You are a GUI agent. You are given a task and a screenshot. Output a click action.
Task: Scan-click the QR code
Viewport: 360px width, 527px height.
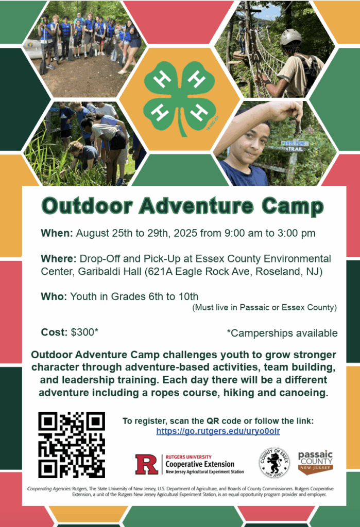click(x=72, y=445)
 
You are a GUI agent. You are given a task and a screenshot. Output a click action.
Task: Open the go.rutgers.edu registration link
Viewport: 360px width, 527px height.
click(x=218, y=431)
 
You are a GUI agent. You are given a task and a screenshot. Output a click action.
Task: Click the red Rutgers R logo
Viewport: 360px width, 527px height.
click(x=147, y=464)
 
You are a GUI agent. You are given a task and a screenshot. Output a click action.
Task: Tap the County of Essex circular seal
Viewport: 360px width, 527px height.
click(x=274, y=463)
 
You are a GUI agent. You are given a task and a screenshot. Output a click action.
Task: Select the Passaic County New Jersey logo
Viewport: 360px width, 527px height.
click(x=315, y=463)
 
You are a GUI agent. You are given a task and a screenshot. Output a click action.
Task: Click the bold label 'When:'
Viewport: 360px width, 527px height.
click(x=57, y=233)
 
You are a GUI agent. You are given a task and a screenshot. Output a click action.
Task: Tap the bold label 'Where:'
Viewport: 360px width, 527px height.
click(x=59, y=258)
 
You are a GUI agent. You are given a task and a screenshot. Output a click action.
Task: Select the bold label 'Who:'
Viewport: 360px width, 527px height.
click(x=54, y=296)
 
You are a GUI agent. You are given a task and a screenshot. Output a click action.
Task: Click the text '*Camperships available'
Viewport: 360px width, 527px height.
click(x=282, y=333)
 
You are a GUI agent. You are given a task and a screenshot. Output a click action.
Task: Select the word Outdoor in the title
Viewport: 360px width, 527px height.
click(x=87, y=206)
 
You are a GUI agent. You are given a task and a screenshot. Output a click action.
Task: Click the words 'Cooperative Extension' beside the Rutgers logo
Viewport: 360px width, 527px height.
click(x=200, y=464)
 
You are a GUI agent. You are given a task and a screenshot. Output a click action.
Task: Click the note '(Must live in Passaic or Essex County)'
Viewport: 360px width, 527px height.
click(x=264, y=307)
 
